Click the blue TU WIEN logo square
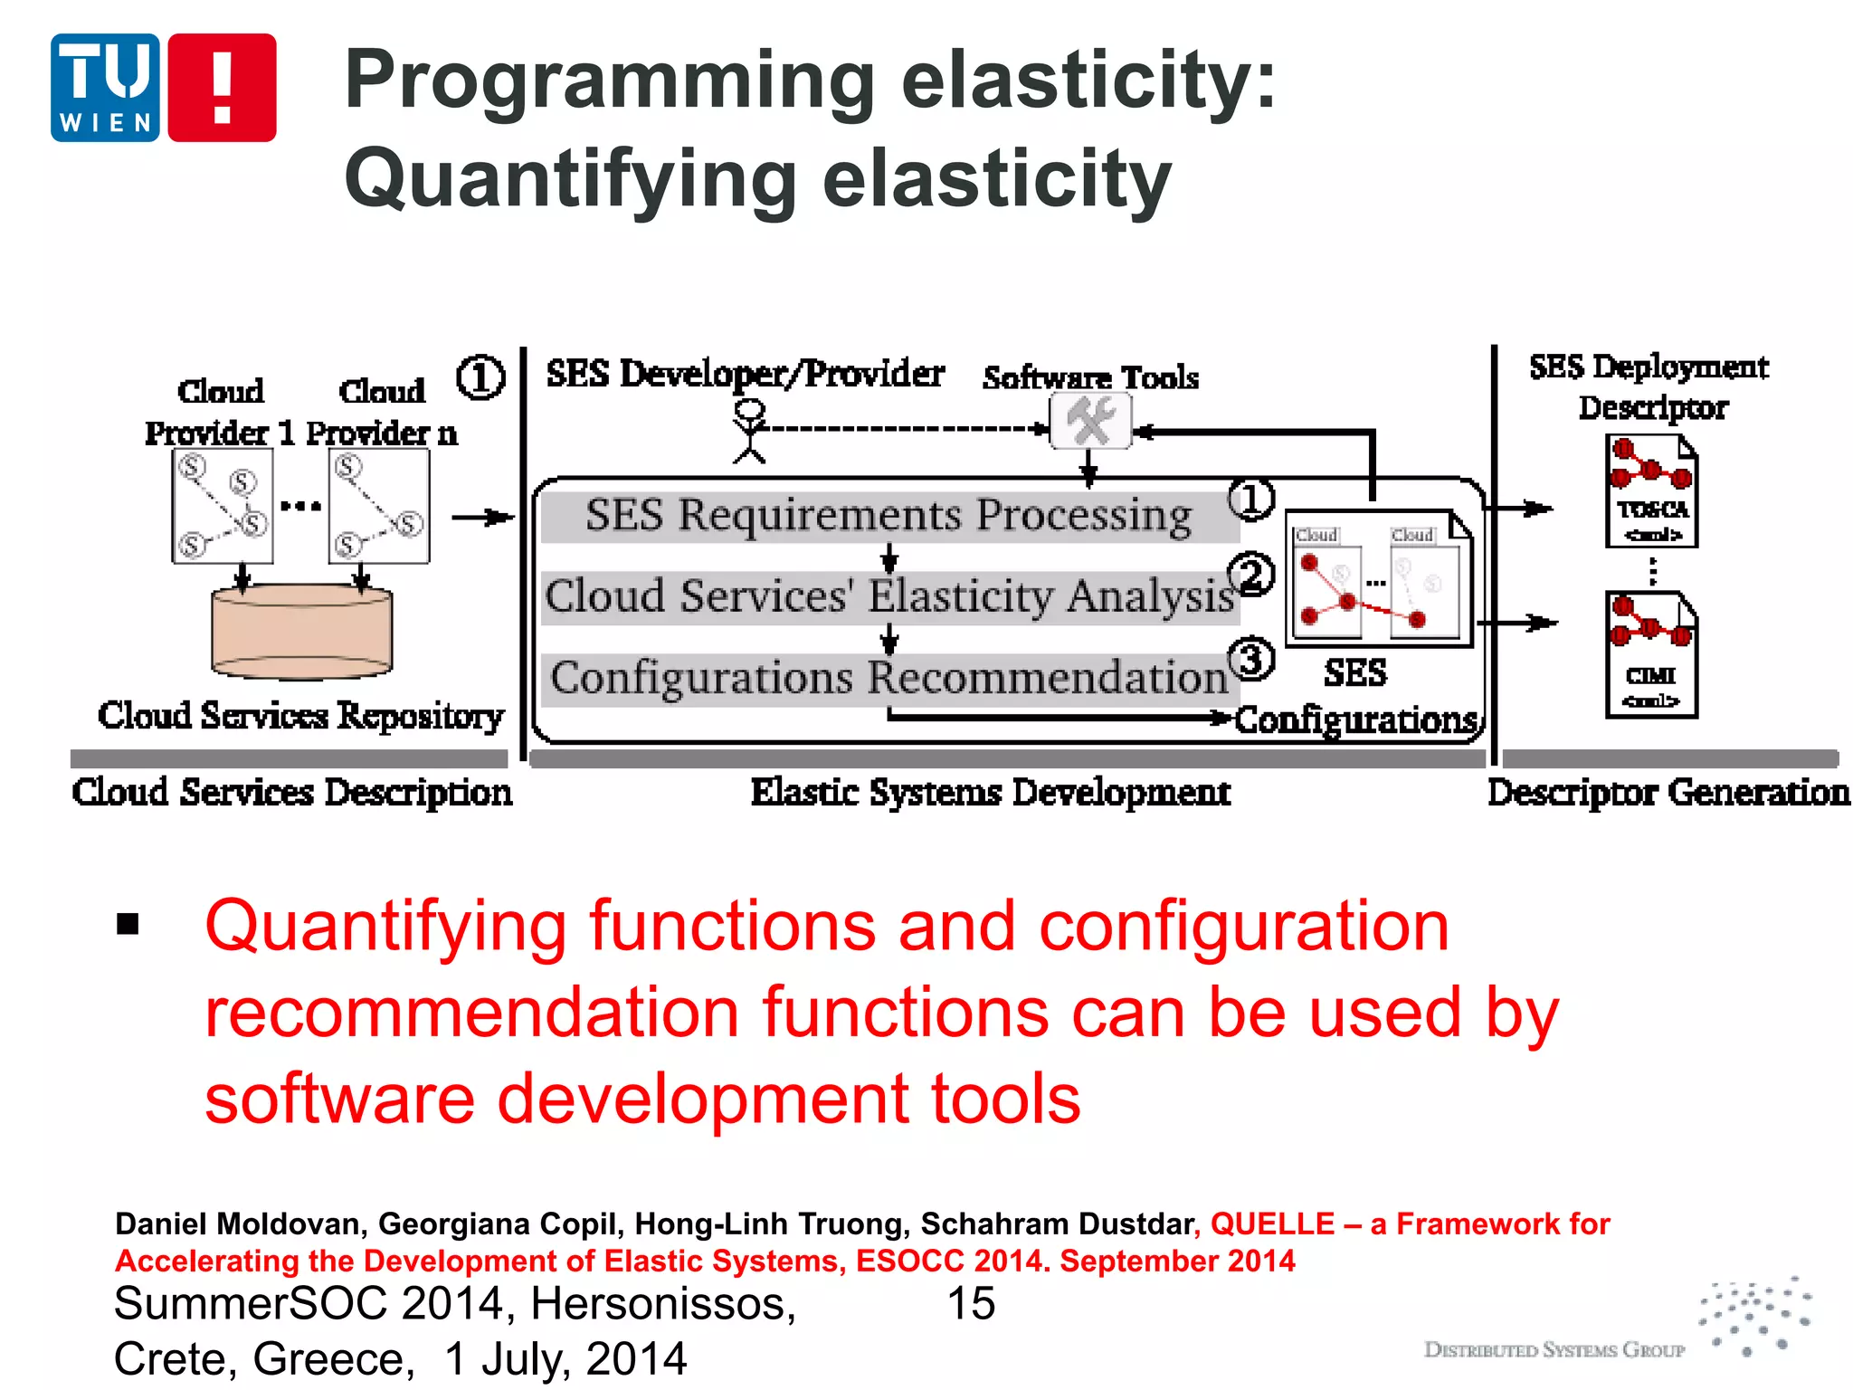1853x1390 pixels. (105, 87)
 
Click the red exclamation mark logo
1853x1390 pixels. (222, 87)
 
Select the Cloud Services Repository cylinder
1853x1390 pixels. (301, 631)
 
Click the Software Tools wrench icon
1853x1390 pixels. (1090, 423)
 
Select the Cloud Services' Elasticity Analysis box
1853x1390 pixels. (888, 597)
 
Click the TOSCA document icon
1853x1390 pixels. (1651, 491)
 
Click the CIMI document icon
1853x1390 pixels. (1651, 654)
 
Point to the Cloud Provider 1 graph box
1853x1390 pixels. (223, 507)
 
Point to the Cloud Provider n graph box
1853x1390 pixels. (379, 507)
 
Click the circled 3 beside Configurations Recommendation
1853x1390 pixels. (1250, 659)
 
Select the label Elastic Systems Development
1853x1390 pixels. (990, 793)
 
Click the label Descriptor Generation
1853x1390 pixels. (1668, 793)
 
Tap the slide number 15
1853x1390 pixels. (970, 1304)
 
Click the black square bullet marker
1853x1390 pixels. (128, 924)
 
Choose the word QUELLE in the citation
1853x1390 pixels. (1271, 1224)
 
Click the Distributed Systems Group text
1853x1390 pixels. (1554, 1350)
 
